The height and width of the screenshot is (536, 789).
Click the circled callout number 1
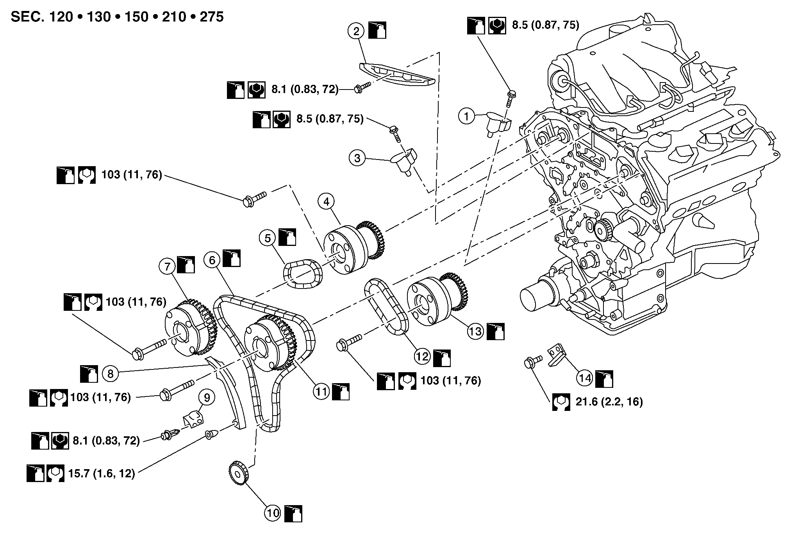466,116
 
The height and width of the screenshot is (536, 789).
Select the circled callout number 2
356,31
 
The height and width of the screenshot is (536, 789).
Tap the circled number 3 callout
357,158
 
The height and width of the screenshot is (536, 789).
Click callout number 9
207,398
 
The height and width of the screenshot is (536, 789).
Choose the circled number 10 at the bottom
273,513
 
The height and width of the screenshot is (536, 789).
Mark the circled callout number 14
585,378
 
